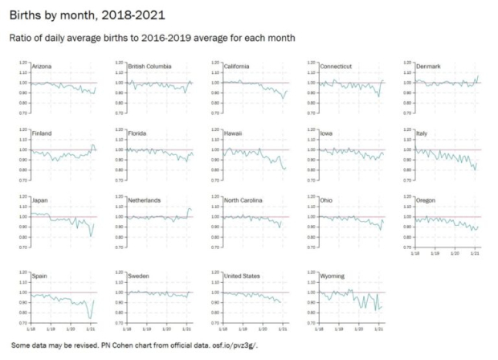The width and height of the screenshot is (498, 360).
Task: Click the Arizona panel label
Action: pyautogui.click(x=40, y=66)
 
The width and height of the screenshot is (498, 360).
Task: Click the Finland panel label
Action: pyautogui.click(x=39, y=133)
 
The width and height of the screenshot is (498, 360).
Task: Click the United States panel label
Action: pyautogui.click(x=242, y=276)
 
